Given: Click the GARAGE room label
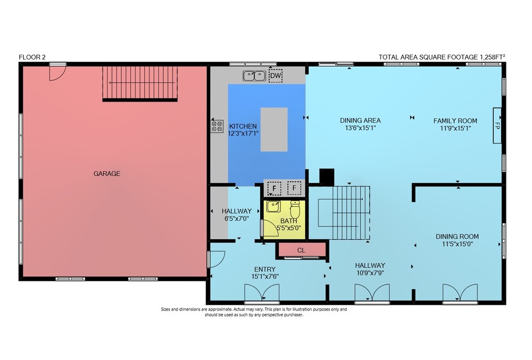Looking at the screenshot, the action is [x=107, y=173].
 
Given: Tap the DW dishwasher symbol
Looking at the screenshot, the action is [x=276, y=76].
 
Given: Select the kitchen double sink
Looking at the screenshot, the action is [x=254, y=76].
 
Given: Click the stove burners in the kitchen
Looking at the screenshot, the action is [x=217, y=126].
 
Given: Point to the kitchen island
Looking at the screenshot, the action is [x=274, y=129].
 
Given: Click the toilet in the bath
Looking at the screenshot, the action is [x=295, y=209].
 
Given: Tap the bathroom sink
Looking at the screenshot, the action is [x=273, y=206].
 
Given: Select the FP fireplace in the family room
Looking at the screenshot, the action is [x=497, y=125].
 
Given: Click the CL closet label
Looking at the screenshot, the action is [x=301, y=250].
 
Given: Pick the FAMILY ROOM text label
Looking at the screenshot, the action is [x=455, y=121].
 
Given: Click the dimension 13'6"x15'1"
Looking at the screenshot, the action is [x=360, y=128].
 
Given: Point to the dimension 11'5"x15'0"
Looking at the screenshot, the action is [x=457, y=244].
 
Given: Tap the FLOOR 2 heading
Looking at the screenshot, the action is [x=32, y=57].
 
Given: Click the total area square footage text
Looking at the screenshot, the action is [x=442, y=57].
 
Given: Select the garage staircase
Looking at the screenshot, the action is [x=140, y=83].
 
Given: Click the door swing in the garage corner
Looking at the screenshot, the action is [x=57, y=73].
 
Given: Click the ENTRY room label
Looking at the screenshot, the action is [x=264, y=269].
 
